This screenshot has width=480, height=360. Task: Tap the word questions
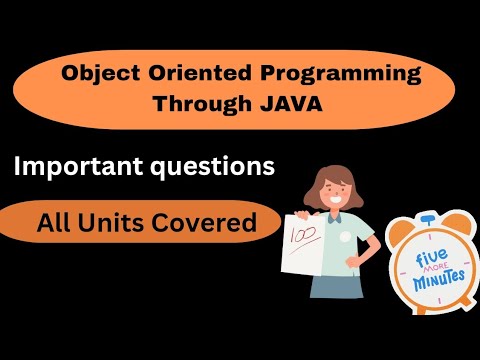(x=213, y=167)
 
